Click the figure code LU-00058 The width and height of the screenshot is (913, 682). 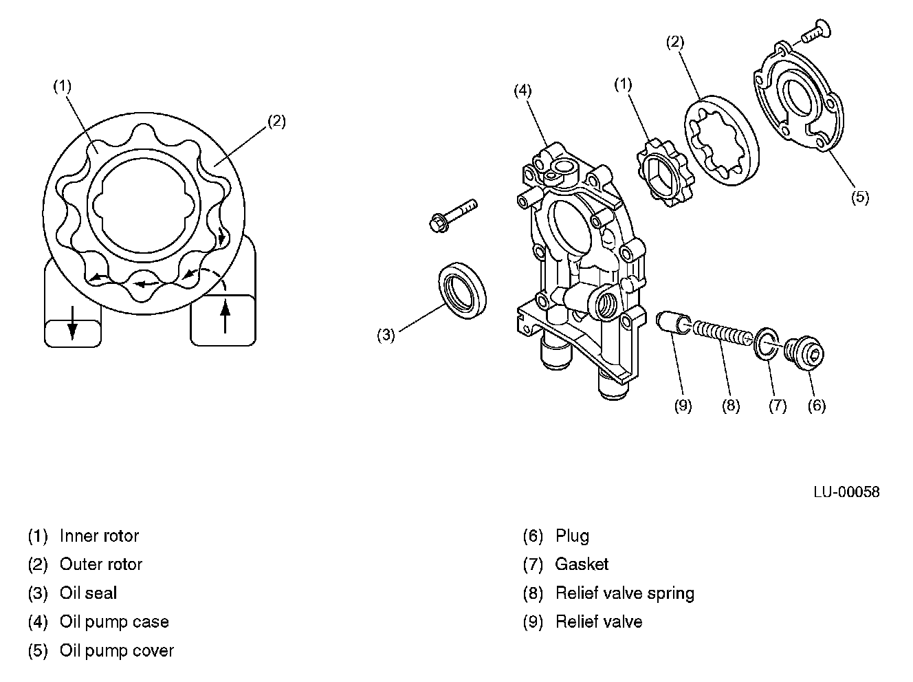click(x=846, y=492)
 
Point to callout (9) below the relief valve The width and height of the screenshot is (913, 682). click(x=683, y=406)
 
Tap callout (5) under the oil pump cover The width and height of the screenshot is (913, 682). click(x=859, y=197)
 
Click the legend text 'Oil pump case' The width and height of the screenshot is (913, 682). click(x=114, y=621)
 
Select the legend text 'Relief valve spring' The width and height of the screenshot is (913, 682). click(x=625, y=593)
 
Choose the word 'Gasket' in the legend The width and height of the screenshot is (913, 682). click(x=582, y=564)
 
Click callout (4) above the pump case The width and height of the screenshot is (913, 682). click(x=523, y=90)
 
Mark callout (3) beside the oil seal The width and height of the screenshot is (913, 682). click(x=386, y=335)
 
